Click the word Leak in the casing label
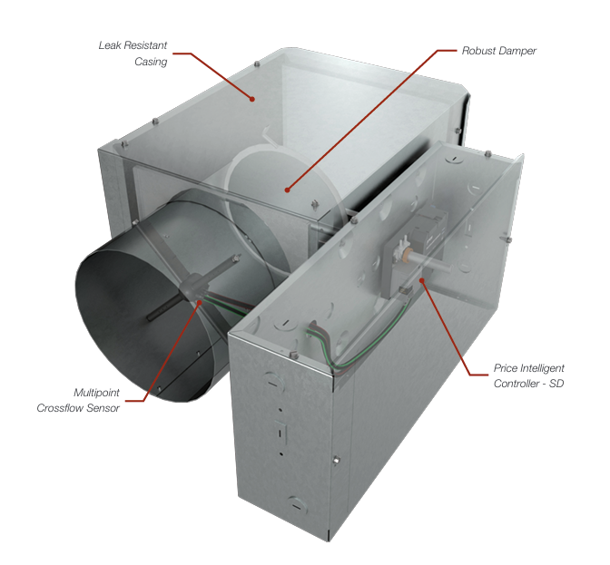pyautogui.click(x=111, y=44)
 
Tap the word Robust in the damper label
pyautogui.click(x=480, y=51)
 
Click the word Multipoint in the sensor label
pyautogui.click(x=96, y=392)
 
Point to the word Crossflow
pyautogui.click(x=62, y=408)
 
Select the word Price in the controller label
pyautogui.click(x=505, y=368)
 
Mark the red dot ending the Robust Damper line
pyautogui.click(x=287, y=190)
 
